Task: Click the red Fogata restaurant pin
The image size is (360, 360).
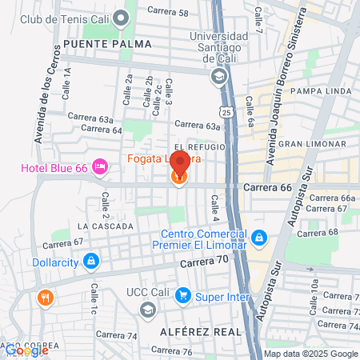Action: [x=179, y=163]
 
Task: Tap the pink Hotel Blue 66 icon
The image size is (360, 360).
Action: [x=101, y=167]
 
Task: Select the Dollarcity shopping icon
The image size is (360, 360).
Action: [x=91, y=261]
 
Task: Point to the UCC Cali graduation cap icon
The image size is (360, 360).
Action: [x=147, y=309]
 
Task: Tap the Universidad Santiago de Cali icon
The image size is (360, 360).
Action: [x=217, y=76]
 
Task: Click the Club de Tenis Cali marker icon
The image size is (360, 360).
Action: [x=122, y=17]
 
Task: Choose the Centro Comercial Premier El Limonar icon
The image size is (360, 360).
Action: [x=258, y=238]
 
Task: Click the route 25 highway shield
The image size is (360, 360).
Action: [x=227, y=113]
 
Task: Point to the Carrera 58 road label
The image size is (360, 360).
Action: [x=170, y=13]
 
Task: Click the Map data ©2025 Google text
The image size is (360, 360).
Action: [x=311, y=354]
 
